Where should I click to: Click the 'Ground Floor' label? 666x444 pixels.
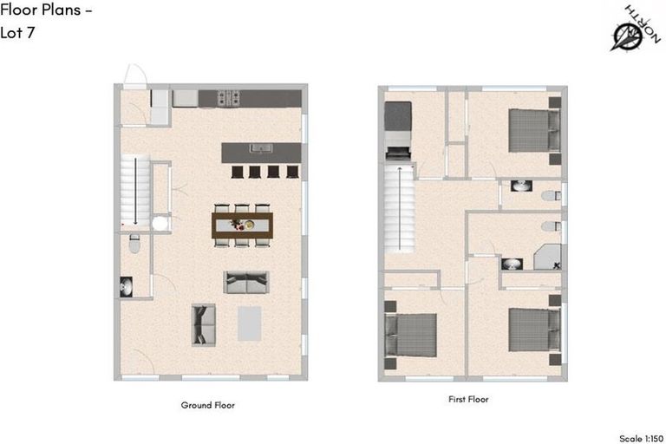[207, 405]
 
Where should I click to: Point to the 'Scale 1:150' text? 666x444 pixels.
[643, 439]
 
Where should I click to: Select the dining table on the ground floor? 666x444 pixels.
[243, 225]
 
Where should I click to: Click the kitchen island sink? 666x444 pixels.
[264, 148]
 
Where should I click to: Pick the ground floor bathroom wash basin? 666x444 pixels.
[127, 286]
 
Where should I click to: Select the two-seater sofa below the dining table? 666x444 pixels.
[245, 281]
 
